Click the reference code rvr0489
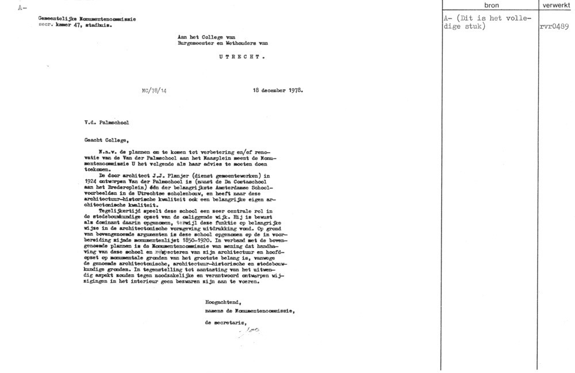pyautogui.click(x=554, y=26)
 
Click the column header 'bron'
pyautogui.click(x=492, y=5)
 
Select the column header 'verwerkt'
pyautogui.click(x=555, y=5)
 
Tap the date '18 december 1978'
pyautogui.click(x=278, y=90)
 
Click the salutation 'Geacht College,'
pyautogui.click(x=105, y=139)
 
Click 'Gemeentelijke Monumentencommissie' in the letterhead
pyautogui.click(x=87, y=19)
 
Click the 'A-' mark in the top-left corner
pyautogui.click(x=22, y=7)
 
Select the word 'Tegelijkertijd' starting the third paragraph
pyautogui.click(x=117, y=210)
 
